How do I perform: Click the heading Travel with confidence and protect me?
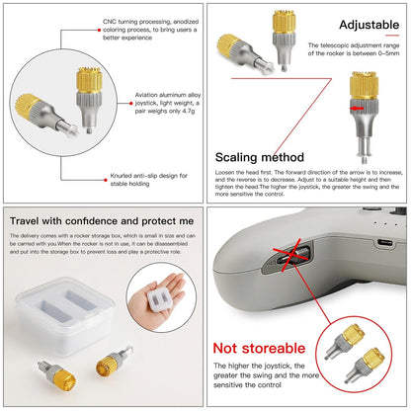(101, 222)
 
